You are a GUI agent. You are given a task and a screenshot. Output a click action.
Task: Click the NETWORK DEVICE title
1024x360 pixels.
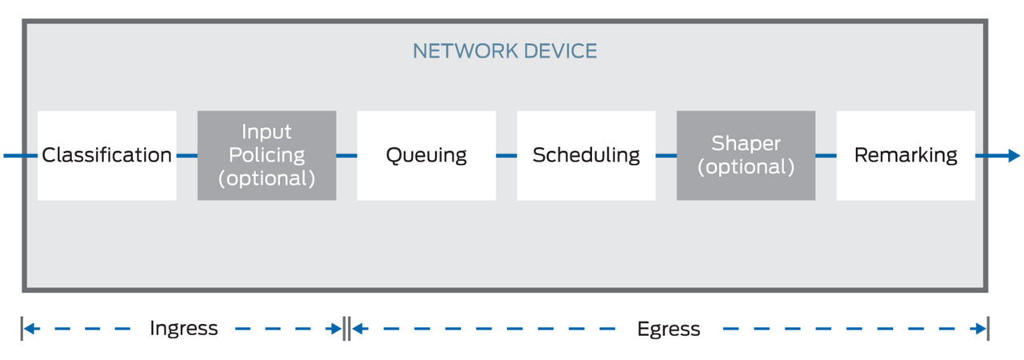click(x=505, y=51)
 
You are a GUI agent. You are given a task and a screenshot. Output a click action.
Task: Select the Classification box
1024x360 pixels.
click(x=106, y=155)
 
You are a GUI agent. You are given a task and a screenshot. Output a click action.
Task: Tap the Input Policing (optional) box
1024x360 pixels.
click(x=266, y=155)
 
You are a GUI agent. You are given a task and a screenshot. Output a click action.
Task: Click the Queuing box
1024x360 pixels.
click(x=426, y=155)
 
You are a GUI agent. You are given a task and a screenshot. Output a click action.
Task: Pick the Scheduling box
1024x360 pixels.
click(x=586, y=155)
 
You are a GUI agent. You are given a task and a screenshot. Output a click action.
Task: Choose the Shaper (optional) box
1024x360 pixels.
click(x=746, y=155)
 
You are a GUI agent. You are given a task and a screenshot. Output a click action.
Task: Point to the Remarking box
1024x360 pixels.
click(x=906, y=155)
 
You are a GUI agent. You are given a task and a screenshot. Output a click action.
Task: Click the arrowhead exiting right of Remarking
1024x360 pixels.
click(x=1012, y=155)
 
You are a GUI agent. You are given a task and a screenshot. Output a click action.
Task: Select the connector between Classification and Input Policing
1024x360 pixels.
click(x=187, y=155)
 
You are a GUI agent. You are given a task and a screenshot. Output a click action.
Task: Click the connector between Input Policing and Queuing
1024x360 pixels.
click(x=346, y=155)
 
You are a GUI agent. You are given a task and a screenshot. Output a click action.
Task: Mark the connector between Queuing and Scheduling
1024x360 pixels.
click(x=506, y=155)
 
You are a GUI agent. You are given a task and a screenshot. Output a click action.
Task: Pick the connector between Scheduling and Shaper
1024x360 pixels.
click(x=666, y=155)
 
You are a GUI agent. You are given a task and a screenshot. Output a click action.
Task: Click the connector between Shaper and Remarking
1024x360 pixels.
click(x=826, y=155)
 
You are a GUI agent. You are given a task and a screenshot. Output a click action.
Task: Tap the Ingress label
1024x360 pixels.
click(x=183, y=328)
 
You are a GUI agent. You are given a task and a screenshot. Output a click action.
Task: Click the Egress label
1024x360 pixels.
click(x=668, y=329)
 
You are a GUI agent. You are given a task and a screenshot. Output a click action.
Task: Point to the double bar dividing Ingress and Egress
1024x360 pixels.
click(x=346, y=328)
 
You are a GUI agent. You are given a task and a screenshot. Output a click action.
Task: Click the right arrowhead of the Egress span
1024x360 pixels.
click(x=981, y=328)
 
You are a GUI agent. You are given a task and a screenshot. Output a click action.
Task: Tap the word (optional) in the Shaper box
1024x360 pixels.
click(x=746, y=167)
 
